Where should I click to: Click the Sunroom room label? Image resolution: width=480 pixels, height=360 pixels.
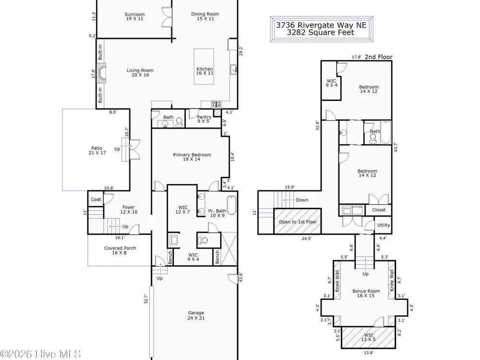click(x=134, y=16)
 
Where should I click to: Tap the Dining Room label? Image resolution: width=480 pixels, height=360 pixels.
click(x=205, y=16)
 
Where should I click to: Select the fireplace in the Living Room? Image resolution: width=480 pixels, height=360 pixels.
click(x=101, y=73)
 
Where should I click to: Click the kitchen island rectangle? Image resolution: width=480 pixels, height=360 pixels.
click(x=204, y=66)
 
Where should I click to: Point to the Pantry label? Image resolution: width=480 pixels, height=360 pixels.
click(x=204, y=119)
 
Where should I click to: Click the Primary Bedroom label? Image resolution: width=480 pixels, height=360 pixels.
click(x=192, y=157)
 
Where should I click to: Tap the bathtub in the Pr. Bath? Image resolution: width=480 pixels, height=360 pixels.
click(x=231, y=205)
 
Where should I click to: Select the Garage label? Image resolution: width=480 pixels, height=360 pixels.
click(x=196, y=315)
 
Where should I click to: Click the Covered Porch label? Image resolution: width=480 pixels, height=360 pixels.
click(x=120, y=250)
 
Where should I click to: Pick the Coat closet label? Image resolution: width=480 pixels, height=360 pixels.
click(x=96, y=199)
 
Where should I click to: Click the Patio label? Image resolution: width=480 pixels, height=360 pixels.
click(x=97, y=150)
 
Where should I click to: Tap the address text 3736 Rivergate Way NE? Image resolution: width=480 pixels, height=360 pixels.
click(x=321, y=25)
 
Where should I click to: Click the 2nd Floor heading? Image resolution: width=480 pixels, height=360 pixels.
click(x=378, y=57)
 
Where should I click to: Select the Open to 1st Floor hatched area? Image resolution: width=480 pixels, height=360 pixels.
click(x=297, y=222)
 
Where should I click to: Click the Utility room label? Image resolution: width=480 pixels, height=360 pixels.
click(x=384, y=225)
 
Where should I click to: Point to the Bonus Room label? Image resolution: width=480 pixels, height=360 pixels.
click(x=366, y=293)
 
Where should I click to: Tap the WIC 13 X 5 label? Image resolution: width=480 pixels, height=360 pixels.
click(x=368, y=337)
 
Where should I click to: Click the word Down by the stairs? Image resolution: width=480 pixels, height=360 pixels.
click(x=302, y=200)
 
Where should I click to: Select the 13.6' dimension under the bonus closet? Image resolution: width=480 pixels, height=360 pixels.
click(x=368, y=353)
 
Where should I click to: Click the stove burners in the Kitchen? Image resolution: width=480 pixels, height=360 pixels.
click(x=216, y=104)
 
